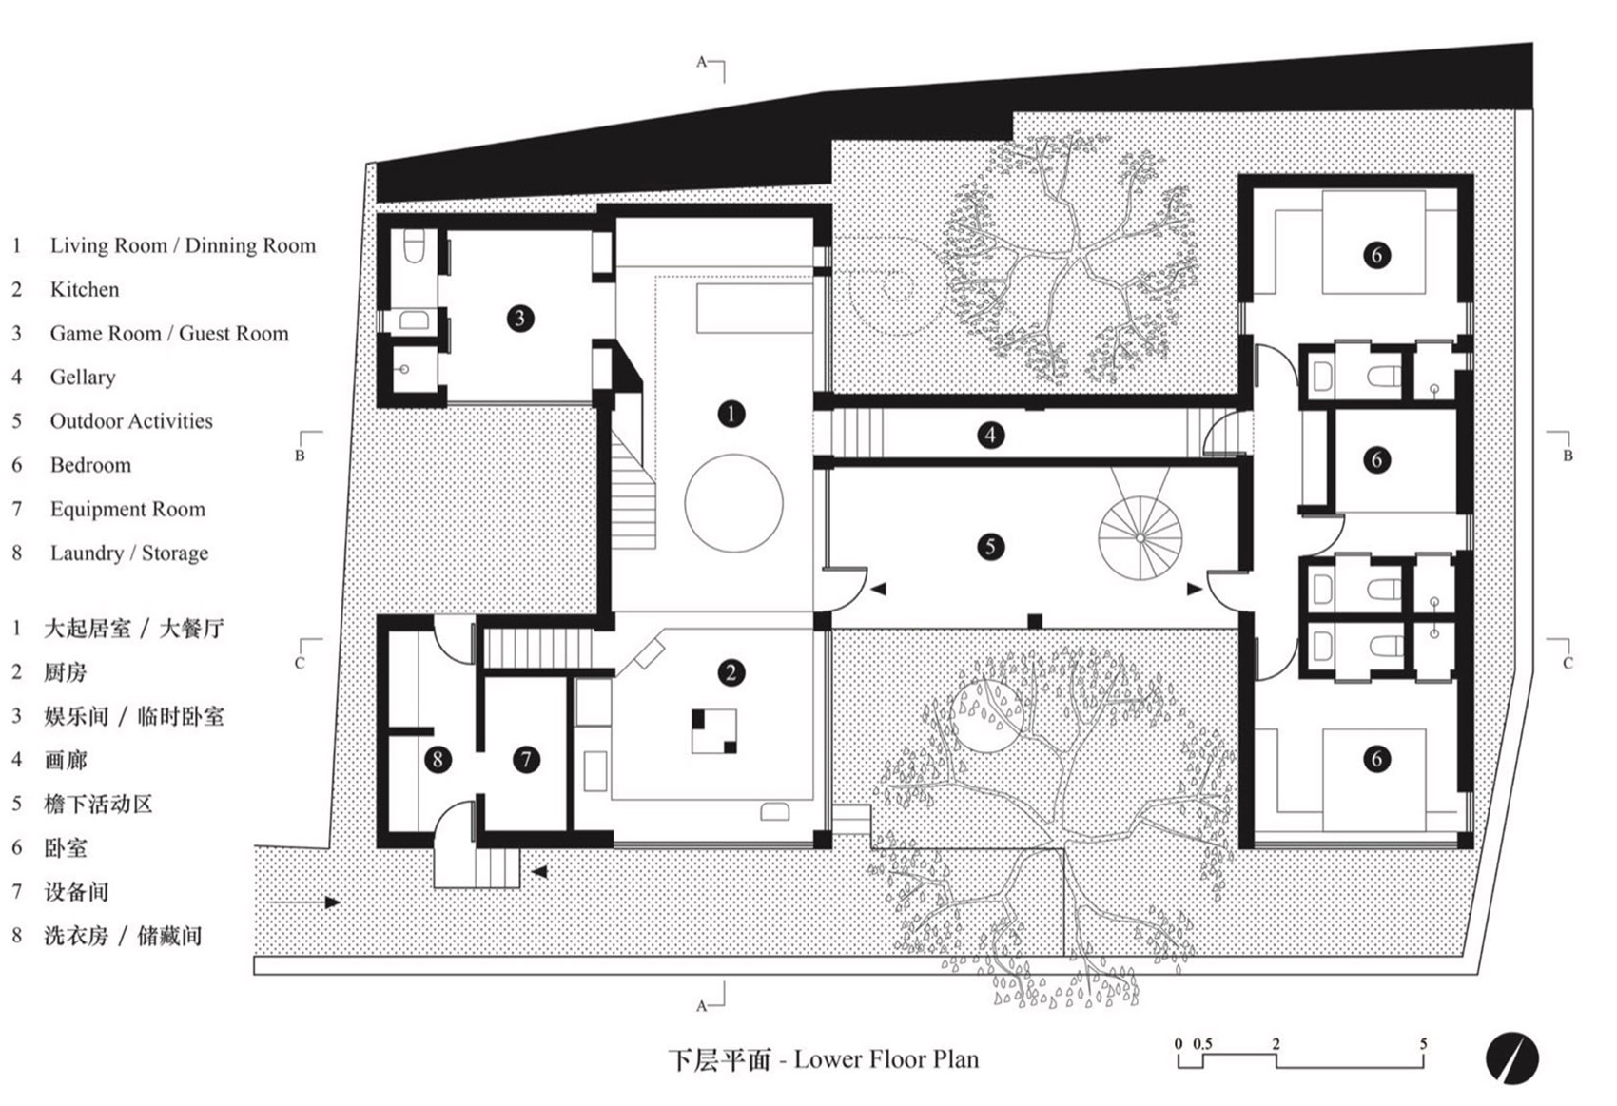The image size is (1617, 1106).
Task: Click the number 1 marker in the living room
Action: coord(731,414)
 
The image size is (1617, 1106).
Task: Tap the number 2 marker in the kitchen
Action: coord(731,673)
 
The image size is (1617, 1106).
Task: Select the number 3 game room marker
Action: coord(520,318)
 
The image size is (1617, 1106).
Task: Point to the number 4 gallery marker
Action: coord(990,435)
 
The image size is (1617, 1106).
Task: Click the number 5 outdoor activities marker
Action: coord(990,547)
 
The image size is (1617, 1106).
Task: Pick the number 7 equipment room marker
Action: coord(526,760)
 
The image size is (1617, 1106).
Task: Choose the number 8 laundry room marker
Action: coord(438,760)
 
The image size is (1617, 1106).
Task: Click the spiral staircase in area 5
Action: coord(1140,538)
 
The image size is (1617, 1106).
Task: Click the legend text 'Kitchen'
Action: coord(85,289)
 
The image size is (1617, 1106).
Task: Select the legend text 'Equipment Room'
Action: coord(127,510)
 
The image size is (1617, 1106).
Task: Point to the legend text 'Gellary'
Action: coord(83,378)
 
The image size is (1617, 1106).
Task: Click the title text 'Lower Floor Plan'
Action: coord(886,1059)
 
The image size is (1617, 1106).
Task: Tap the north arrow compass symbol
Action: coord(1511,1058)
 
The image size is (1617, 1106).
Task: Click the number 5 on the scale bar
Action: coord(1424,1043)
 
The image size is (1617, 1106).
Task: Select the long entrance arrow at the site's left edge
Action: coord(304,902)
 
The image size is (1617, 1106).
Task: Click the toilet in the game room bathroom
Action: coord(415,246)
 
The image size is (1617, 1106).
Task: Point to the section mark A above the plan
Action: coord(701,62)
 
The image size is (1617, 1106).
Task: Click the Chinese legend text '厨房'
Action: coord(65,672)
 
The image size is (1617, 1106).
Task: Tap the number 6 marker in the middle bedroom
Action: coord(1376,460)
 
